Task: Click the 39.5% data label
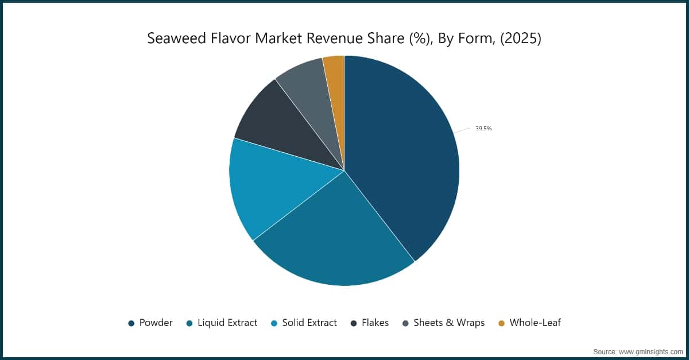(x=483, y=128)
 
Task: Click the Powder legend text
(x=156, y=323)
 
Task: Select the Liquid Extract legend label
(x=227, y=323)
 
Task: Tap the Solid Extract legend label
(x=309, y=323)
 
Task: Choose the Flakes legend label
(x=376, y=323)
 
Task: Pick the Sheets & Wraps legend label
(x=449, y=323)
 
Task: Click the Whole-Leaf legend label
(x=535, y=323)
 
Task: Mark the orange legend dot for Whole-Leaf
(x=501, y=323)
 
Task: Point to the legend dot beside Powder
(x=131, y=323)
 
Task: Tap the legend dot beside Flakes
(x=354, y=323)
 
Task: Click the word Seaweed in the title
(x=177, y=38)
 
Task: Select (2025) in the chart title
(x=521, y=39)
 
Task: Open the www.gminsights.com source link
(x=651, y=352)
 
